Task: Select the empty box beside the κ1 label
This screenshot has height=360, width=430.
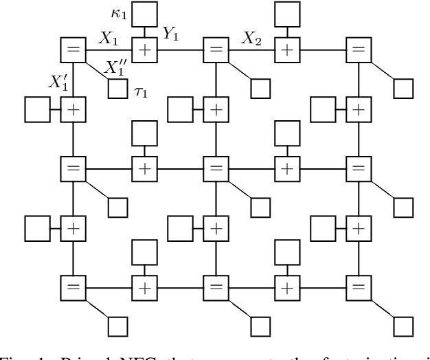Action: (x=144, y=14)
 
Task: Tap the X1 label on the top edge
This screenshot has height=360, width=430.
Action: (x=108, y=38)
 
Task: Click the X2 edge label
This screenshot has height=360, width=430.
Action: (x=251, y=38)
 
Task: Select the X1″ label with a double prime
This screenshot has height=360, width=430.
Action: (x=114, y=67)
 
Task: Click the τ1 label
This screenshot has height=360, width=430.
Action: (x=141, y=90)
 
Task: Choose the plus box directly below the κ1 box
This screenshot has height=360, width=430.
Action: (x=144, y=50)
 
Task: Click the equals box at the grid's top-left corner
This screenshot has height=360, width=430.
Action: (x=72, y=50)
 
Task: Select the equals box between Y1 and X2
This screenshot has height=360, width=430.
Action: (x=216, y=50)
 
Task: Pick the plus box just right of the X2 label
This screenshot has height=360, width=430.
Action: (x=286, y=50)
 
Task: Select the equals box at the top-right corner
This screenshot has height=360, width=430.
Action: (x=357, y=50)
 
